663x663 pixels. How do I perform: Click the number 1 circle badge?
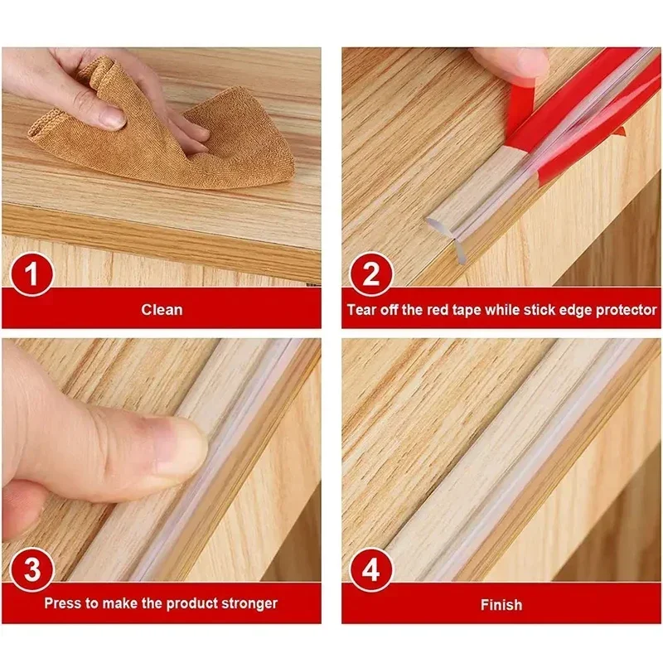[31, 276]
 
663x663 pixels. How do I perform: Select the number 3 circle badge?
[31, 570]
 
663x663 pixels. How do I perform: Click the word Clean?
[162, 310]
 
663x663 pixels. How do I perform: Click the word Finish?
[501, 605]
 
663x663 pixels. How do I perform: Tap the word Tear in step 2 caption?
[361, 310]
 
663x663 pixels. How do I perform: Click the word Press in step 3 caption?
[62, 603]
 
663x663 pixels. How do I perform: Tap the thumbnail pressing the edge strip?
[178, 448]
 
